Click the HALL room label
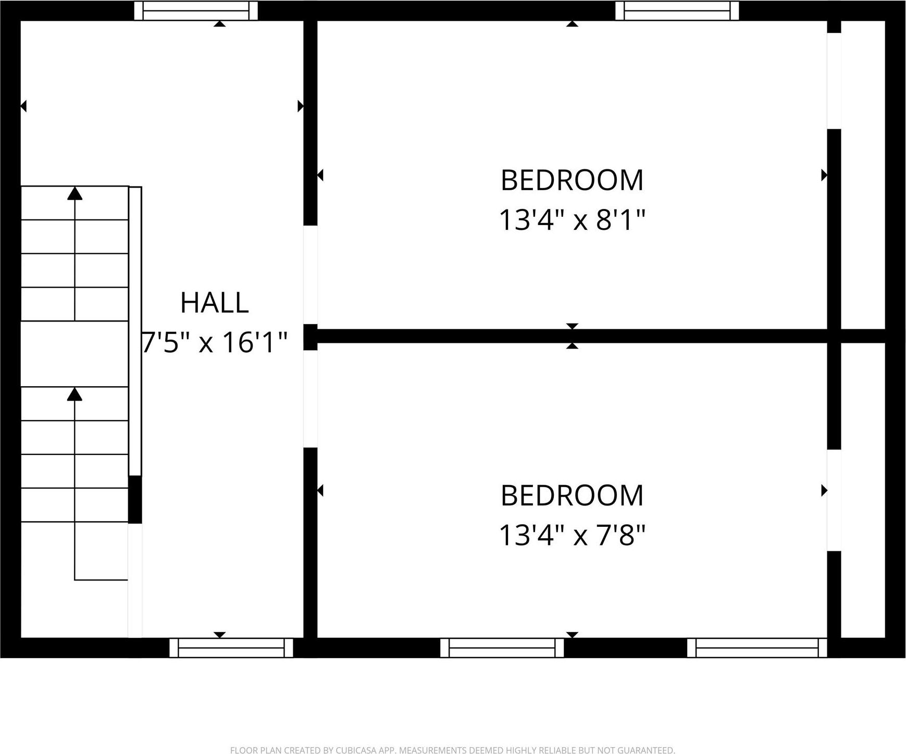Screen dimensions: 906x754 (x=214, y=303)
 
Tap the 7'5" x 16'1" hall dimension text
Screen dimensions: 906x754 (x=214, y=342)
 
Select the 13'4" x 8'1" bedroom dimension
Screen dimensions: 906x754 (x=572, y=219)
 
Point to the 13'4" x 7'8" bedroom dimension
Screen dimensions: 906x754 (x=572, y=535)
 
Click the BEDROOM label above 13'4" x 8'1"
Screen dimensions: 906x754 (x=572, y=180)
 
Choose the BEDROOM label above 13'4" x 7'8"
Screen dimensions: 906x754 (x=572, y=496)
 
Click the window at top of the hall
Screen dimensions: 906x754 (x=196, y=10)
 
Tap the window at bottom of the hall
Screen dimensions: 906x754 (x=231, y=648)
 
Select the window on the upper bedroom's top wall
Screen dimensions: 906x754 (x=677, y=10)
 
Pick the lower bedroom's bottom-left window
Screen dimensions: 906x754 (x=502, y=648)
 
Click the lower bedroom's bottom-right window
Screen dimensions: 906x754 (x=757, y=648)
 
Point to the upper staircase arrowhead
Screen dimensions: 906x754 (x=75, y=193)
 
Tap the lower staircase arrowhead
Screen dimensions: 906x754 (x=75, y=394)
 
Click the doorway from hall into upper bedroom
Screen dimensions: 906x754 (x=311, y=275)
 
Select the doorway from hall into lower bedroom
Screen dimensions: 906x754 (x=311, y=399)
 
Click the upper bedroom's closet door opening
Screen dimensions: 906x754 (x=834, y=81)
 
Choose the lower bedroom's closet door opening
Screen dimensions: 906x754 (x=834, y=500)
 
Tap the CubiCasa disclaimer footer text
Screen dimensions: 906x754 (x=453, y=750)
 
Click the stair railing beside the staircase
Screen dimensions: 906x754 (x=135, y=331)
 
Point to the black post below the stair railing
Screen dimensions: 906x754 (x=135, y=499)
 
